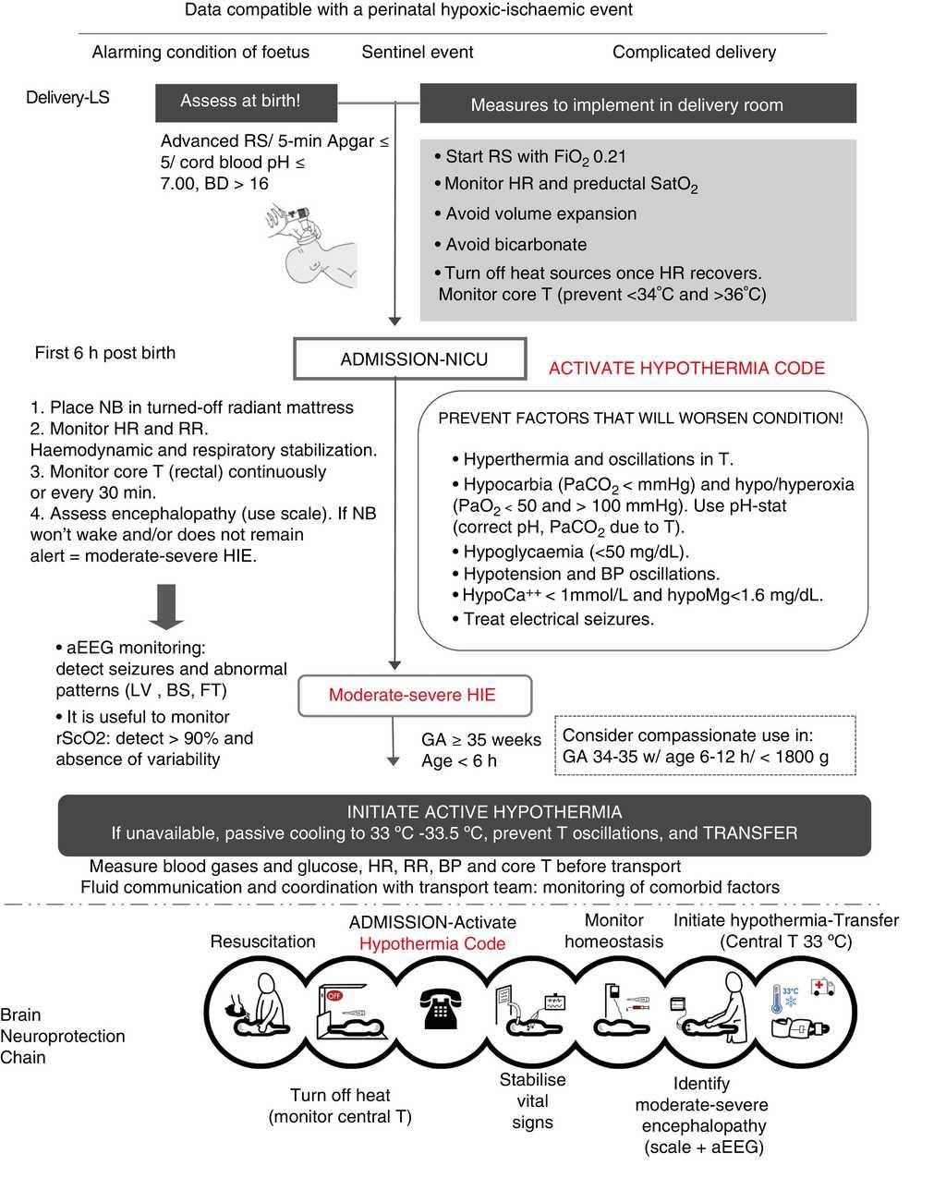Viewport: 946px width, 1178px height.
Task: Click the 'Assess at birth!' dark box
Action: [x=240, y=102]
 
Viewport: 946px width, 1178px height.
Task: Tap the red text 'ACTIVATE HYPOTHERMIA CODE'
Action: [x=686, y=368]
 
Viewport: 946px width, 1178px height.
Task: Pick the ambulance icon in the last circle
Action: [x=821, y=988]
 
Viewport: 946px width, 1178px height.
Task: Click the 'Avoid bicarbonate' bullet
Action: [x=515, y=245]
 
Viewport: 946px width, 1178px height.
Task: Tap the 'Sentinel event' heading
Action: [x=418, y=53]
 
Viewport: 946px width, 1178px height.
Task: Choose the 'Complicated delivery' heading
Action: [x=694, y=53]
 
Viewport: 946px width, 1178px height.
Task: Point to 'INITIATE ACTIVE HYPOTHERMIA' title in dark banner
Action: [x=484, y=812]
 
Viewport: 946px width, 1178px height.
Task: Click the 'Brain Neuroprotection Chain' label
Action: [x=62, y=1036]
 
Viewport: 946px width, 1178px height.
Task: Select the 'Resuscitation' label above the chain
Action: [x=262, y=941]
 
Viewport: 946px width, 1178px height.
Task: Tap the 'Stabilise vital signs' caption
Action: [x=532, y=1100]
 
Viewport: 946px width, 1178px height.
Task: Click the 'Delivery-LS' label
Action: [x=67, y=97]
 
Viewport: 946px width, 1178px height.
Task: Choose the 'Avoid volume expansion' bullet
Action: [x=540, y=214]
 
